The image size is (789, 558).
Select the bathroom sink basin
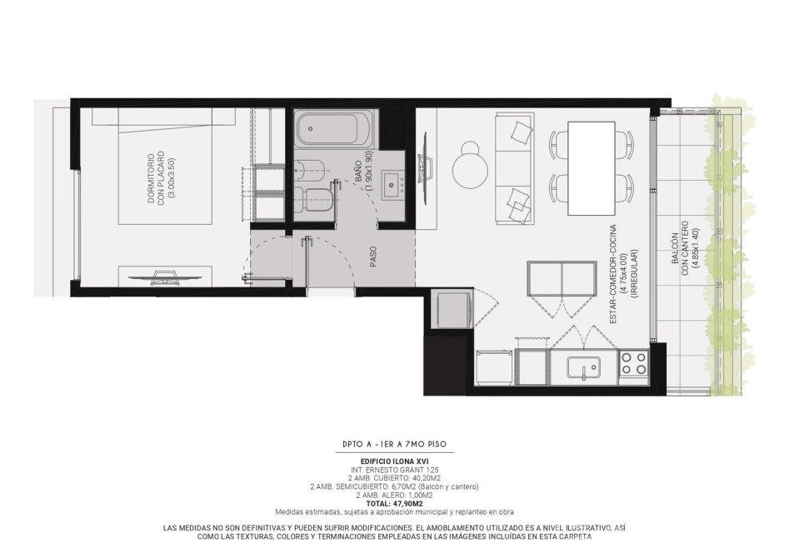point(392,185)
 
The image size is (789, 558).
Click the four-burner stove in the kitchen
point(633,363)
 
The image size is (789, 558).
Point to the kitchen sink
point(584,366)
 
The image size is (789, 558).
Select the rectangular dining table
point(592,167)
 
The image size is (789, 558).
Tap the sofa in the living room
point(514,168)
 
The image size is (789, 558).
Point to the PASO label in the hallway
point(373,257)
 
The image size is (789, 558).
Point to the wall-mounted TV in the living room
point(427,168)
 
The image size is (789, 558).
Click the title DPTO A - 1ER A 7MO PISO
point(394,444)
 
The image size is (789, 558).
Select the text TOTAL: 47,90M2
point(394,503)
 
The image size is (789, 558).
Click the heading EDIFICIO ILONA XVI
point(394,461)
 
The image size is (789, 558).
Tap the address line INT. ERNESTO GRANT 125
point(394,470)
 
